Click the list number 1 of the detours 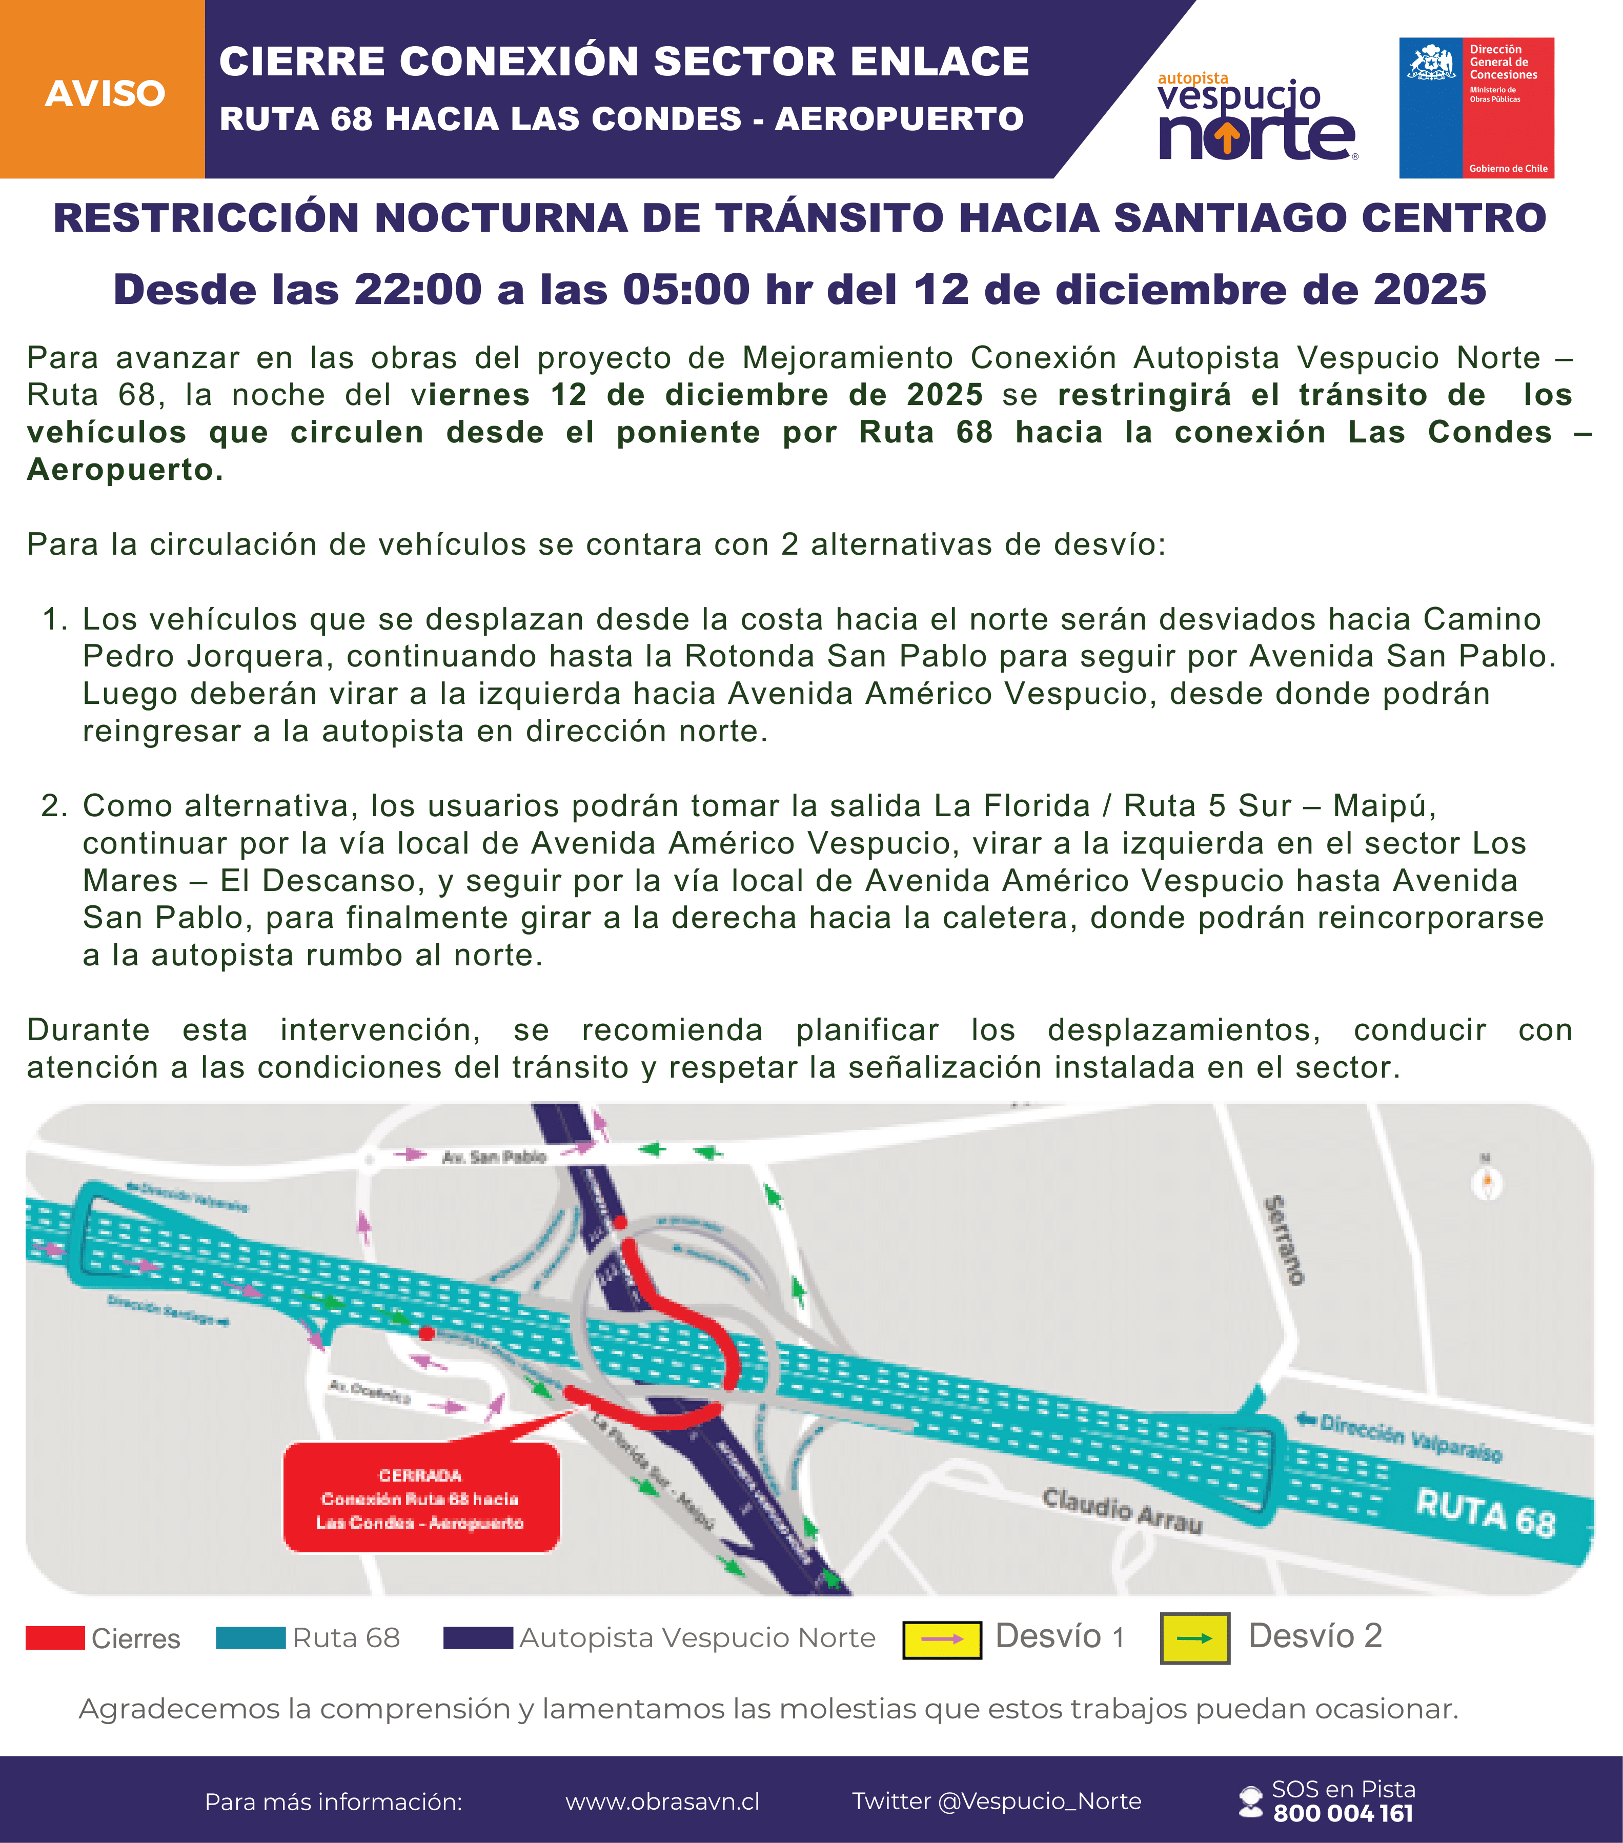click(54, 619)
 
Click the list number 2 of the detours click(54, 805)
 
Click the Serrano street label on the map click(1284, 1240)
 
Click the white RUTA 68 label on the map click(1485, 1514)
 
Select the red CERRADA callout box click(421, 1498)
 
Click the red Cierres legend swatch click(55, 1637)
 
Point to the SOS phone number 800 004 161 click(1343, 1813)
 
